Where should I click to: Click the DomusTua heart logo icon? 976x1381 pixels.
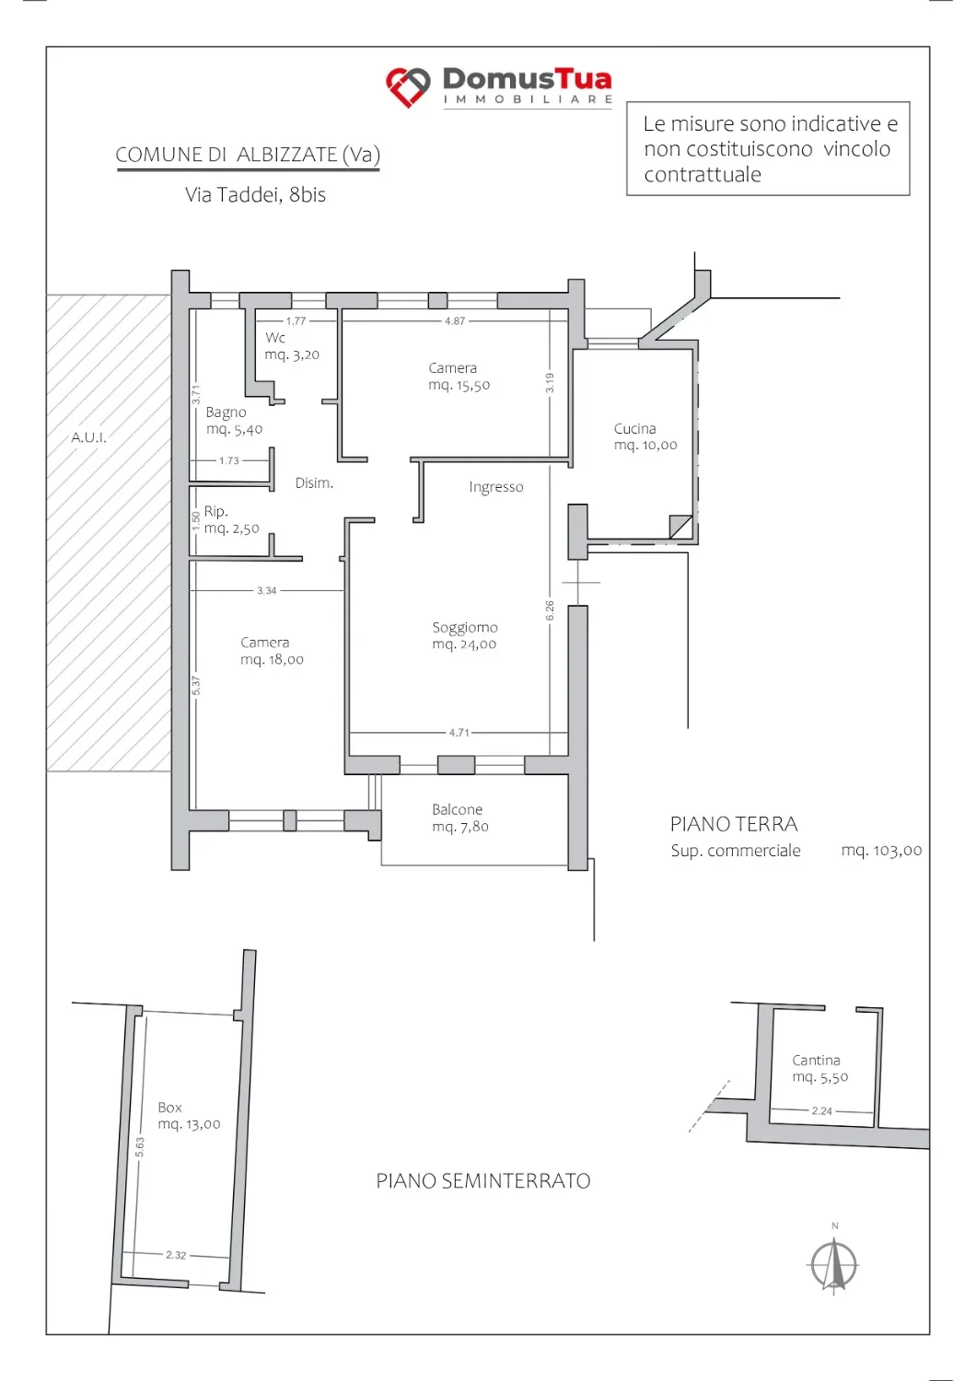click(x=408, y=87)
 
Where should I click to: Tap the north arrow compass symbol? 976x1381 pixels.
click(x=833, y=1265)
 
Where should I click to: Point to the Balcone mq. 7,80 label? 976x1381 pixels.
click(x=460, y=818)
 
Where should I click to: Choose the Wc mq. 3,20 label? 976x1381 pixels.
click(x=292, y=346)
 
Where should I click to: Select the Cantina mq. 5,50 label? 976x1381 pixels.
click(x=819, y=1068)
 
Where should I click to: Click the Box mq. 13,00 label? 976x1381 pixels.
click(x=189, y=1115)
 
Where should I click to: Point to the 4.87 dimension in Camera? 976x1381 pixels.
click(x=455, y=320)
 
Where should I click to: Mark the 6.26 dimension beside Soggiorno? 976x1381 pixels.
click(x=550, y=610)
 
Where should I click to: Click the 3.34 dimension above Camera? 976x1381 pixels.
click(x=266, y=591)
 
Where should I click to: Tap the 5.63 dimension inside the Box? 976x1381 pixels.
click(x=140, y=1147)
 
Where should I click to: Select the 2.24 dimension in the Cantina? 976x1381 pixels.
click(x=822, y=1111)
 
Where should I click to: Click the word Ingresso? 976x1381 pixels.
click(x=495, y=487)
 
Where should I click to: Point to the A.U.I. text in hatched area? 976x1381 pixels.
click(x=88, y=437)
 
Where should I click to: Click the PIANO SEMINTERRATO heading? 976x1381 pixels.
click(x=483, y=1180)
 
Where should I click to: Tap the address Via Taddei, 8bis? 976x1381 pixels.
click(x=255, y=195)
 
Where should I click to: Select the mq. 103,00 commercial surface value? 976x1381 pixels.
click(x=881, y=851)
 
